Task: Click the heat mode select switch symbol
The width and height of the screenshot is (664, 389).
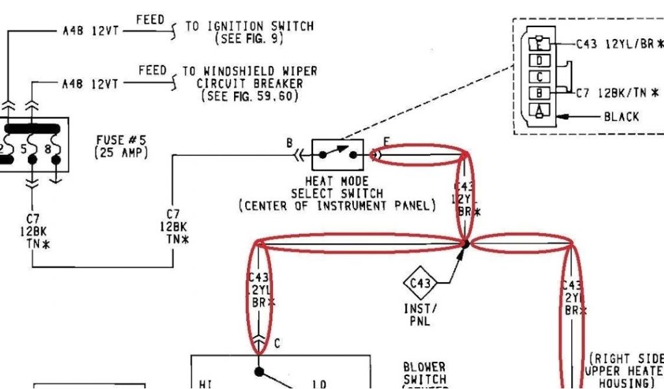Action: (x=338, y=155)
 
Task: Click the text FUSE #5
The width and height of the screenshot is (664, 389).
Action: (x=122, y=140)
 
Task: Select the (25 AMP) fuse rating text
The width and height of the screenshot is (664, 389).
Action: (x=121, y=153)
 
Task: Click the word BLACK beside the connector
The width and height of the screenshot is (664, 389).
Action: (x=621, y=117)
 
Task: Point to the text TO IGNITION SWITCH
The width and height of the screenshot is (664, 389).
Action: (x=250, y=27)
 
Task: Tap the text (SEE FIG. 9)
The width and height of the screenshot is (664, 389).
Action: (x=250, y=38)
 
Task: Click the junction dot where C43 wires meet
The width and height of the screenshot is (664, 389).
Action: (x=466, y=244)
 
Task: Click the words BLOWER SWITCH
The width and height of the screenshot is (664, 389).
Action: (x=424, y=373)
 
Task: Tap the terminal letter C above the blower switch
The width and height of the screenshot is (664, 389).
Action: (x=277, y=344)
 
